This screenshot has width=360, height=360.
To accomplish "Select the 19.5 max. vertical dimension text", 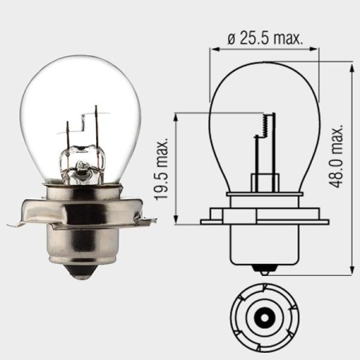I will point(163,167).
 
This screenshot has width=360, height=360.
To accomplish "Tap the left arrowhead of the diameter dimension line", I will point(214,49).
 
